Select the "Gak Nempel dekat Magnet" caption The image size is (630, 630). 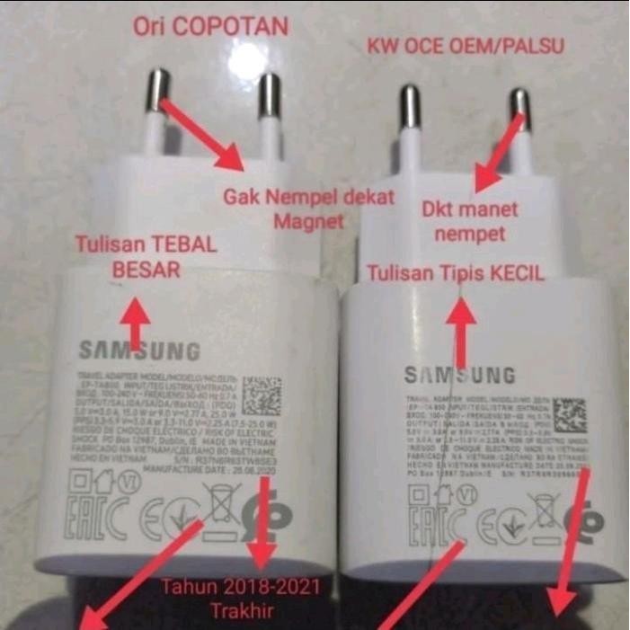(309, 208)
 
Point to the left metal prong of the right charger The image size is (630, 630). (410, 107)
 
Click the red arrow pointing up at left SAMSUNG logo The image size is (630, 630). (136, 324)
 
